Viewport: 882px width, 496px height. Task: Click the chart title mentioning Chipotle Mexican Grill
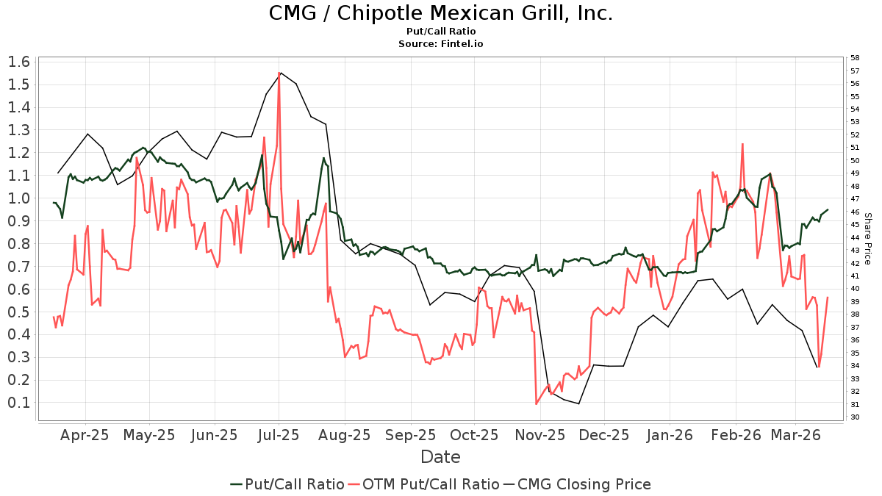tap(440, 13)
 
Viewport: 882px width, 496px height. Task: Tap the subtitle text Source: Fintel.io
tap(440, 44)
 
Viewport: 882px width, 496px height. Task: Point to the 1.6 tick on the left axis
tap(19, 62)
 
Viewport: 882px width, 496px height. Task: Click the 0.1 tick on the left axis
tap(19, 403)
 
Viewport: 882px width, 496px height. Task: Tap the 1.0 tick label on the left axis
tap(19, 198)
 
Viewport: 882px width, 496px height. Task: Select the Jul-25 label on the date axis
tap(279, 435)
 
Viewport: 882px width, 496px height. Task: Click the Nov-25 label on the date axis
tap(539, 435)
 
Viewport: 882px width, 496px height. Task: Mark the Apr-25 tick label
tap(85, 435)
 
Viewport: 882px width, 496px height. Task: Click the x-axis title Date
tap(440, 457)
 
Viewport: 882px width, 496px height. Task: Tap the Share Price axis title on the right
tap(867, 239)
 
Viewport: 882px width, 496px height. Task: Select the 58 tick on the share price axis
tap(855, 57)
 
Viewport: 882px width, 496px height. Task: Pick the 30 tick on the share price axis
tap(855, 417)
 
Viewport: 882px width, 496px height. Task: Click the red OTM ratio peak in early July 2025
tap(279, 73)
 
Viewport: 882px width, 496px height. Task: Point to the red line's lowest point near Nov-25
tap(537, 403)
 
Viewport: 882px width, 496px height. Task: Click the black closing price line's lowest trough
tap(579, 403)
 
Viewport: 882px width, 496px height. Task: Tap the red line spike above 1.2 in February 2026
tap(743, 144)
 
